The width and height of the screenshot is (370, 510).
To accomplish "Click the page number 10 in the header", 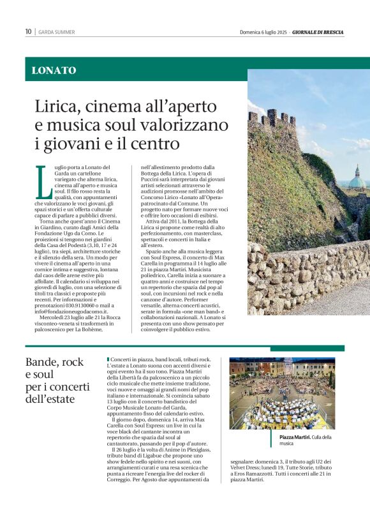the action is click(29, 32).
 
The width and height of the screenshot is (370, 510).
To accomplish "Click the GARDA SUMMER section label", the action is click(56, 32).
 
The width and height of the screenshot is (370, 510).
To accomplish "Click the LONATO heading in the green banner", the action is click(54, 71).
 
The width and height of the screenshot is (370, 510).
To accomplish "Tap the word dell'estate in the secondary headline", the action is click(50, 400).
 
